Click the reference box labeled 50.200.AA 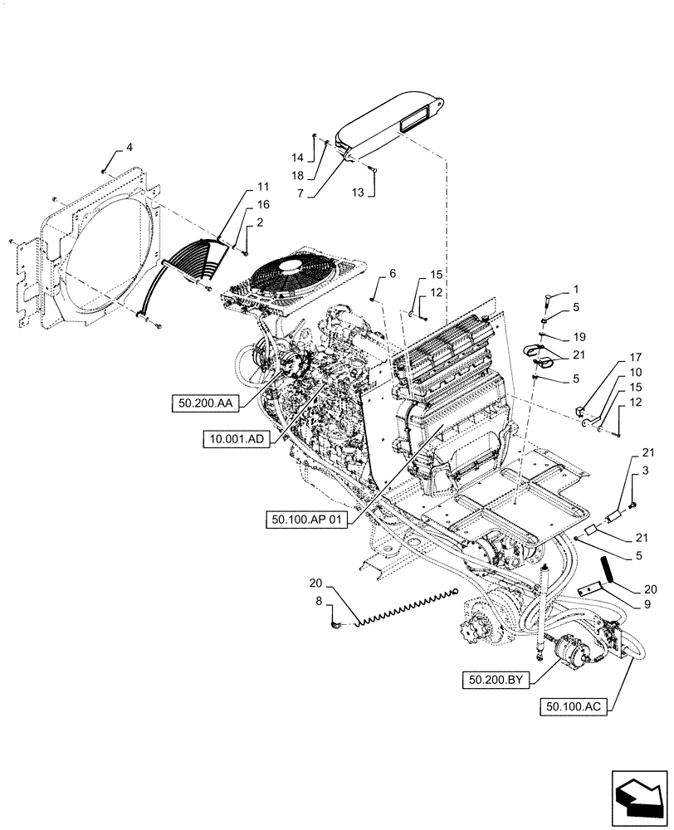coord(205,403)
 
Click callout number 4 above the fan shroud coord(129,148)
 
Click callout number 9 coord(623,606)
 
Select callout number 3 coord(643,471)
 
